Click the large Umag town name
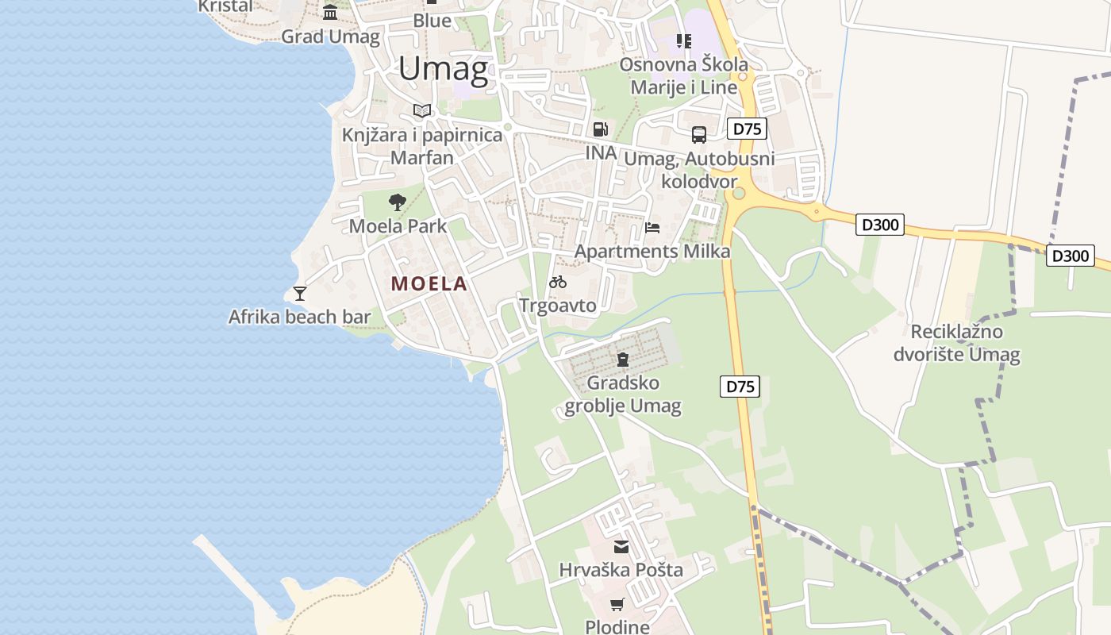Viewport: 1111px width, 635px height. (x=443, y=69)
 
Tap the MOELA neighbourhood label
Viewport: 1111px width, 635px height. (x=429, y=283)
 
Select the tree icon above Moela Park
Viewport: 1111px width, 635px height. (x=398, y=202)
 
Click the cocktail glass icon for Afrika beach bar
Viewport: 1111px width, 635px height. (x=300, y=293)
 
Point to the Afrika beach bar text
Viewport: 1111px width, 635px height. (x=299, y=317)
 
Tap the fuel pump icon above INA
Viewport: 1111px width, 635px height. (x=601, y=129)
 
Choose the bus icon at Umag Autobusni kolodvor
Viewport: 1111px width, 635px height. (x=698, y=135)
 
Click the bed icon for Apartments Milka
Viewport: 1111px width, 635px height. (x=652, y=228)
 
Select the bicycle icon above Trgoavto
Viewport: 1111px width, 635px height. (x=558, y=282)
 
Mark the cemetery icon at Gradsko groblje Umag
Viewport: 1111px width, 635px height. (x=623, y=360)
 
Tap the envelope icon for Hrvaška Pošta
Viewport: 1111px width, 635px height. (x=621, y=546)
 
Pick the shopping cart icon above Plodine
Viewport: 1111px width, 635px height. (x=617, y=604)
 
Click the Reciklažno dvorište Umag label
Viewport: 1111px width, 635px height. (x=956, y=343)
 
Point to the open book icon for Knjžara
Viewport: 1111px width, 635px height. (x=422, y=111)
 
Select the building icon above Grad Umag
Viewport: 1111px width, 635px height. (x=329, y=12)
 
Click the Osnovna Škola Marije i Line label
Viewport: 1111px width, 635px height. (x=684, y=75)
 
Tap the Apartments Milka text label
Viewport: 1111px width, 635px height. (x=652, y=252)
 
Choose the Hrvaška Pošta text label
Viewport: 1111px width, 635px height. (x=621, y=570)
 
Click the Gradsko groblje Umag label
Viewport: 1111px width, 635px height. (x=623, y=394)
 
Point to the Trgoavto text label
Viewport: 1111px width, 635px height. (x=558, y=305)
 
